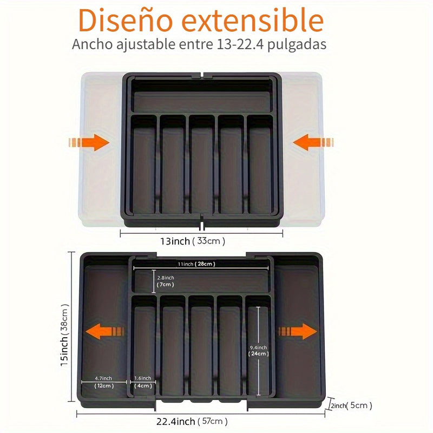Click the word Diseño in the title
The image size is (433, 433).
[126, 21]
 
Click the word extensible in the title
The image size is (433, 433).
[253, 20]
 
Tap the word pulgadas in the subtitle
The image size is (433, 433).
[297, 45]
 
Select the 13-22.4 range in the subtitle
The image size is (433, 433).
[240, 44]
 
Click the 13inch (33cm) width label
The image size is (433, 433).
[193, 241]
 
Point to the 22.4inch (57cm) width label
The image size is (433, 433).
[192, 422]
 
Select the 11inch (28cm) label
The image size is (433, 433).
[196, 264]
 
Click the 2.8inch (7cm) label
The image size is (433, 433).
[166, 281]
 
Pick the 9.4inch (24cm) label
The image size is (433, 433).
[259, 351]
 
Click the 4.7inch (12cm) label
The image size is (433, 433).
[104, 382]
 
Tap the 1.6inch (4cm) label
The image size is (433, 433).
[143, 382]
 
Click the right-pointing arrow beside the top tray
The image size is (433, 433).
[89, 142]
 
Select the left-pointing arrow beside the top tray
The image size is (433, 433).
[313, 142]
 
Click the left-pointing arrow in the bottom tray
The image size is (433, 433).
[104, 331]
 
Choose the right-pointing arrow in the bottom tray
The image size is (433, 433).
[298, 331]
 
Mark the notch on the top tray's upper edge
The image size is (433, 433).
[202, 75]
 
